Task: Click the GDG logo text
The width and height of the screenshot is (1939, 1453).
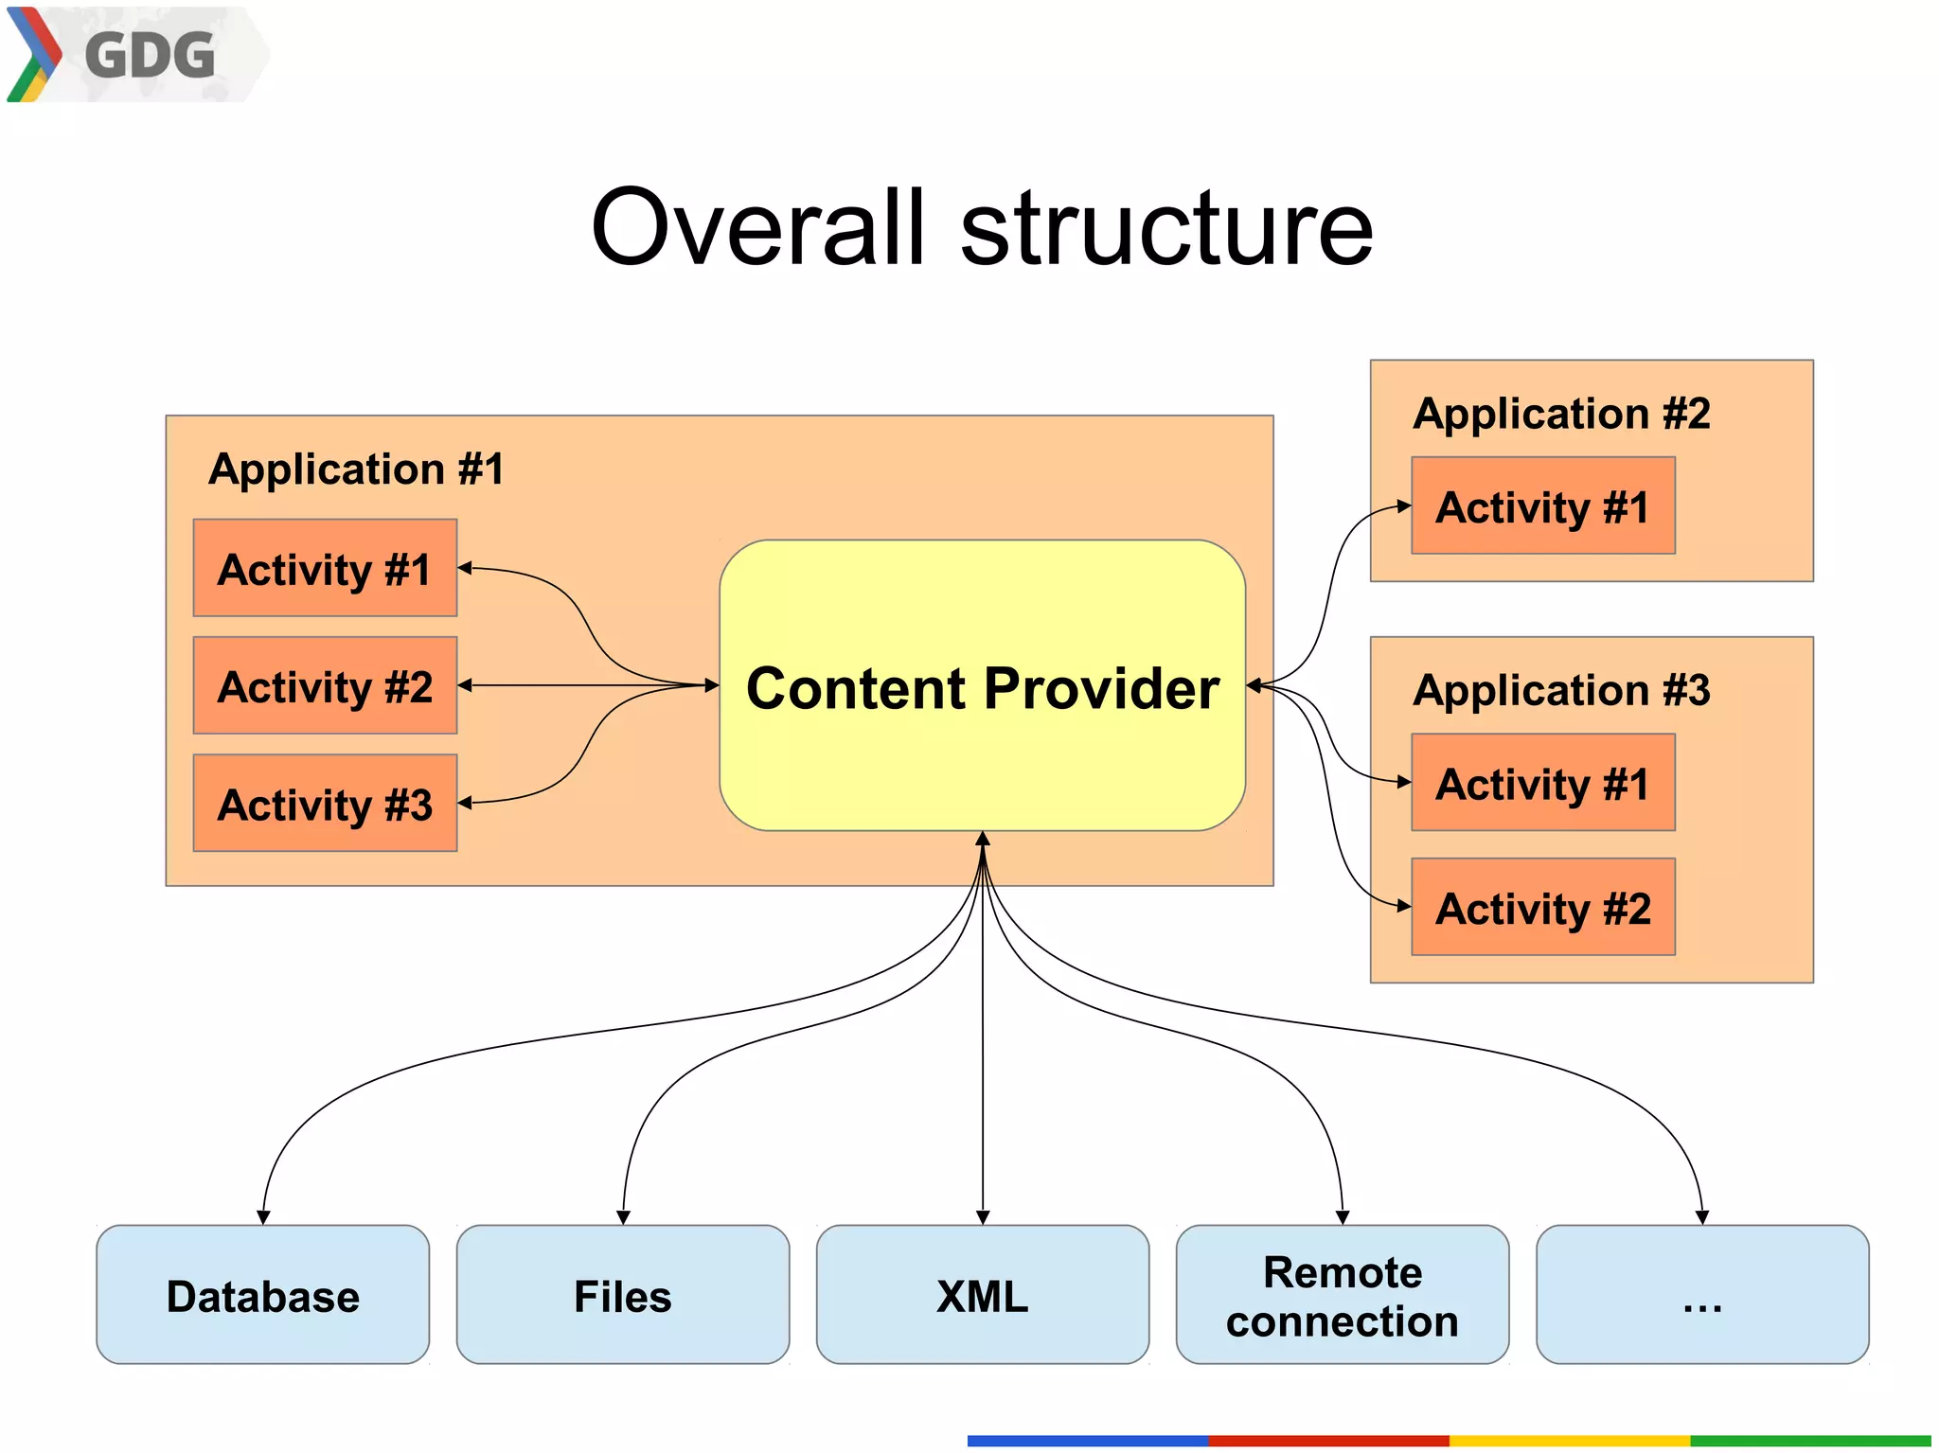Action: [150, 55]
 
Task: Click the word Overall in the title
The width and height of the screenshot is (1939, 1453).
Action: [757, 227]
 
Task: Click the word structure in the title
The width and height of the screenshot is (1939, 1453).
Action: [1166, 227]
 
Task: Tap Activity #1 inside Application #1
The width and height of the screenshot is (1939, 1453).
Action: [325, 569]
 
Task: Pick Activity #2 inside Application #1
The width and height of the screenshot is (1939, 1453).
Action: [325, 686]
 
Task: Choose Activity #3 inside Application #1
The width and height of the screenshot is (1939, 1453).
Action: [325, 804]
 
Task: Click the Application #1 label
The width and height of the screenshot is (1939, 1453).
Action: [356, 470]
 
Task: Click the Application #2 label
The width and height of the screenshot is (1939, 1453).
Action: [1561, 414]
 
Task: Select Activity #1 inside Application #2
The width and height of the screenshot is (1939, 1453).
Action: [1542, 506]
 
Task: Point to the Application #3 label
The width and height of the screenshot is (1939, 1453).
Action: [1561, 690]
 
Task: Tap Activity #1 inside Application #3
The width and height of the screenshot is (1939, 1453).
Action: [1542, 783]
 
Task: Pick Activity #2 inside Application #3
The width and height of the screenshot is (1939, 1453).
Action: [1542, 908]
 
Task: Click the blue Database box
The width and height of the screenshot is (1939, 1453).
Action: [262, 1295]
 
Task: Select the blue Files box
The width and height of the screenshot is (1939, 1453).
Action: [622, 1295]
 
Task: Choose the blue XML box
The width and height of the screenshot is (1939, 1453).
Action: [982, 1295]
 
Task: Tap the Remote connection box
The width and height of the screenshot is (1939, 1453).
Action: [1342, 1295]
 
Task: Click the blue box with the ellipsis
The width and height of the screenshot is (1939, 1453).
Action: [1701, 1295]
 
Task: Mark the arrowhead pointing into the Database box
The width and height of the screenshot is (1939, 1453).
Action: [263, 1217]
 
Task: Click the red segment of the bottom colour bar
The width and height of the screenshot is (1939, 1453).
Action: [1327, 1441]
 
